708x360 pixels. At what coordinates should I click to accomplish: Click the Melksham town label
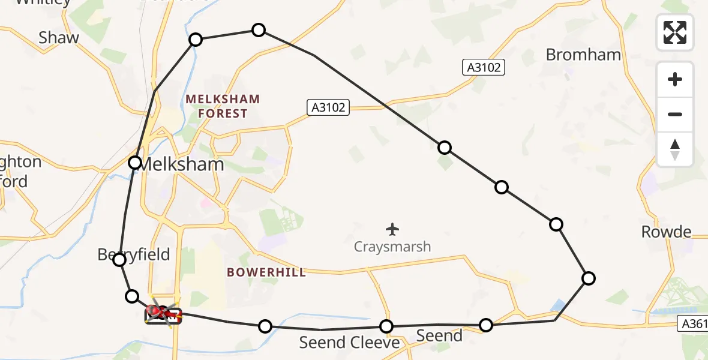pos(181,164)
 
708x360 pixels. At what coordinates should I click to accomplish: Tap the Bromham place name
pos(583,55)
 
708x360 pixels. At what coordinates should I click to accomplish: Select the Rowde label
pos(666,232)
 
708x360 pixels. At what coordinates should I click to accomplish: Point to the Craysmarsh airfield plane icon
pos(393,229)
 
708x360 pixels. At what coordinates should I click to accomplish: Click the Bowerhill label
pos(266,272)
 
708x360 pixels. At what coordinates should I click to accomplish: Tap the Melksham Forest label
pos(223,106)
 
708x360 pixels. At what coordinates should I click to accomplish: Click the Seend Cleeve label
pos(349,343)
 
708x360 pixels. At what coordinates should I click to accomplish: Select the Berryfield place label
pos(134,254)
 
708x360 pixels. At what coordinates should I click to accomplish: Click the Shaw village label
pos(59,38)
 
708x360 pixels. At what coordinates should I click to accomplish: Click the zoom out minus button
pos(675,114)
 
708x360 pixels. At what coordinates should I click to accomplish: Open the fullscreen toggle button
pos(675,32)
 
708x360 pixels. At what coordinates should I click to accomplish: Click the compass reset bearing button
pos(675,149)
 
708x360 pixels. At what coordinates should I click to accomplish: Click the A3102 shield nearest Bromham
pos(484,67)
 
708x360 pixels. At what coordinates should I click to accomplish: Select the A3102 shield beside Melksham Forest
pos(328,107)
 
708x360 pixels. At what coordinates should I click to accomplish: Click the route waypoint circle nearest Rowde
pos(589,278)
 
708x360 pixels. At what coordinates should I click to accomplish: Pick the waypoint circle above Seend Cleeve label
pos(386,326)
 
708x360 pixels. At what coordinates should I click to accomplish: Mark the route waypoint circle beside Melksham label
pos(135,163)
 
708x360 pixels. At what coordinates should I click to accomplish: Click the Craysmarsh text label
pos(392,247)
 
